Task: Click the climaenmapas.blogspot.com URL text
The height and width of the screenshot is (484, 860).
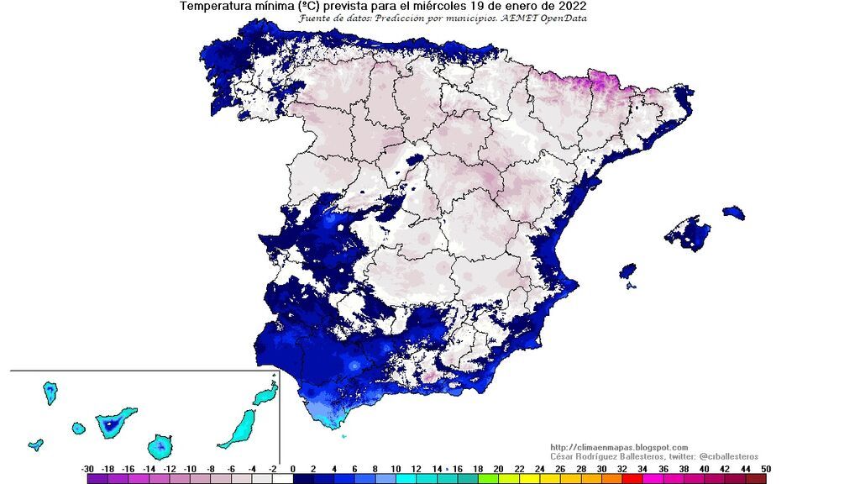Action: coord(619,447)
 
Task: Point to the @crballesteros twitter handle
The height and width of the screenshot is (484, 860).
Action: coord(723,455)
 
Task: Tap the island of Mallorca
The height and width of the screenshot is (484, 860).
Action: coord(689,233)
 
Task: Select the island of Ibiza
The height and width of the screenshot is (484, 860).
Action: coord(627,271)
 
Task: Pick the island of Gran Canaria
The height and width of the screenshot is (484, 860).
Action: coord(159,446)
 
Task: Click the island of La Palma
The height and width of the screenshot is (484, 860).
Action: coord(50,392)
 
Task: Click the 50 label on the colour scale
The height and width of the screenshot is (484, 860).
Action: coord(765,468)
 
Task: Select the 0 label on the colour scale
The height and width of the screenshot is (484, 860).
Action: coord(292,468)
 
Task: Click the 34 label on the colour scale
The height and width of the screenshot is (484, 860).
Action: coord(642,468)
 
